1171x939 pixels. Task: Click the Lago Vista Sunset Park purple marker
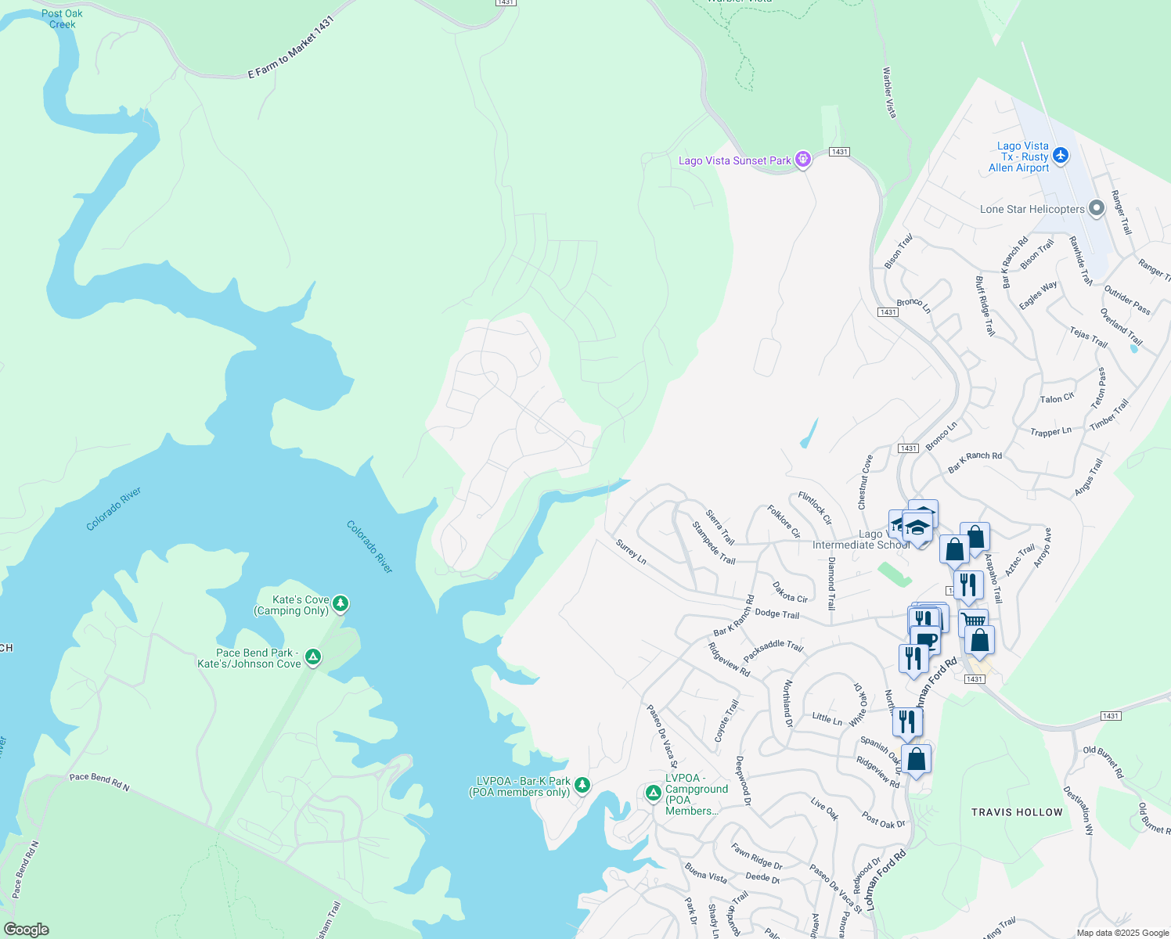tap(802, 160)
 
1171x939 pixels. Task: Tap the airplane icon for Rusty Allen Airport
tap(1061, 156)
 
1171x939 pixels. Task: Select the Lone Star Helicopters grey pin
tap(1097, 208)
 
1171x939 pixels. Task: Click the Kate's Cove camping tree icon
tap(340, 603)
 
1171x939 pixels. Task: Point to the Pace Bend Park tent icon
tap(313, 657)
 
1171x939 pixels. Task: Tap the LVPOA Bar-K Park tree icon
tap(582, 785)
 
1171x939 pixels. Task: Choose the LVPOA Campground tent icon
tap(653, 793)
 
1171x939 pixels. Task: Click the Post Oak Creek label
tap(62, 19)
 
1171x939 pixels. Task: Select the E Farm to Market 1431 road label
tap(291, 48)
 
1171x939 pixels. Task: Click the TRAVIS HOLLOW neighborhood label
tap(1017, 812)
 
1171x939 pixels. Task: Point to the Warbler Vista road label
tap(889, 92)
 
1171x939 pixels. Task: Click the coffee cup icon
tap(926, 639)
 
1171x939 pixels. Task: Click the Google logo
tap(26, 929)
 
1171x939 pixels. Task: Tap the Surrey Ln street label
tap(631, 552)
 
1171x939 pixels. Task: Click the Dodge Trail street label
tap(776, 614)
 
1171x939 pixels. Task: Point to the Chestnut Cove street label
tap(865, 482)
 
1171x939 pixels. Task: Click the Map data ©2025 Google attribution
tap(1122, 933)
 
